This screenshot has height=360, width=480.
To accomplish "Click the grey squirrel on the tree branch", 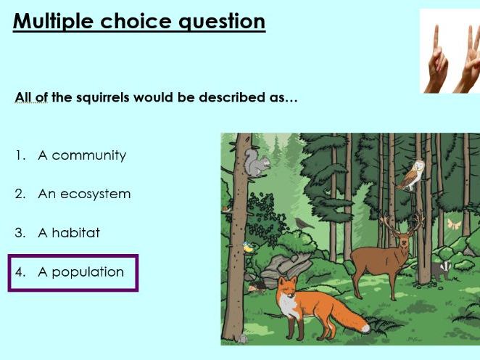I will (256, 166).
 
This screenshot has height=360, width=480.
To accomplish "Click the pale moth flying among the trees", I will (454, 224).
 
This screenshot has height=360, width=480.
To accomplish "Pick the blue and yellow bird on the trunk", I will (248, 248).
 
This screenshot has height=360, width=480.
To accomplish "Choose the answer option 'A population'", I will (80, 272).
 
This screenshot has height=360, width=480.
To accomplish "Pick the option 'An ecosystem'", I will (83, 195).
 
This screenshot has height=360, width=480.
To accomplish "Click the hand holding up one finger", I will (438, 58).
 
